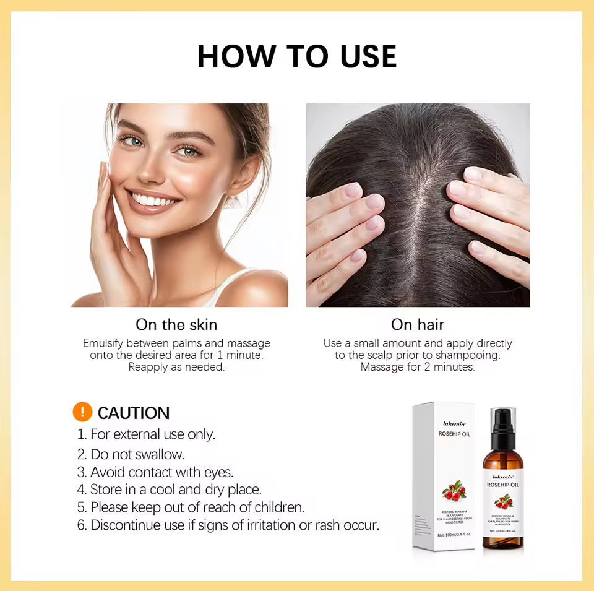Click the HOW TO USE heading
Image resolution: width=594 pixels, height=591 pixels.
pos(297,56)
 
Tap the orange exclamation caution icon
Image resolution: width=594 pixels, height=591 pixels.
pos(82,412)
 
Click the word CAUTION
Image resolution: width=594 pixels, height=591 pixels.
pos(134,413)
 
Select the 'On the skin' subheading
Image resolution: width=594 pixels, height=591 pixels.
pos(176,324)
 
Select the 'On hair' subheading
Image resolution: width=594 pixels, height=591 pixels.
pos(418,324)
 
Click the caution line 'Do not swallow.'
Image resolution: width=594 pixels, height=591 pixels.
pos(131,454)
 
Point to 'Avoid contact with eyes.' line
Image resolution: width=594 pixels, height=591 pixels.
pos(155,472)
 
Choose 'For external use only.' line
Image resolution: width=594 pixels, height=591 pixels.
pos(147,434)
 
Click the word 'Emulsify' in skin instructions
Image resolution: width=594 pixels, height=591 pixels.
pos(104,343)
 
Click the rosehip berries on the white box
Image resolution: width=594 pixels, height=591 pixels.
pos(454,492)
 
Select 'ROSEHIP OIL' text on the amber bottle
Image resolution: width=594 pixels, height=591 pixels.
pos(503,485)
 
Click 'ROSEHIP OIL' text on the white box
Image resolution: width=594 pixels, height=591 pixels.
pos(454,434)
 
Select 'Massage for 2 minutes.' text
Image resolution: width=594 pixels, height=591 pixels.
pos(418,367)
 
